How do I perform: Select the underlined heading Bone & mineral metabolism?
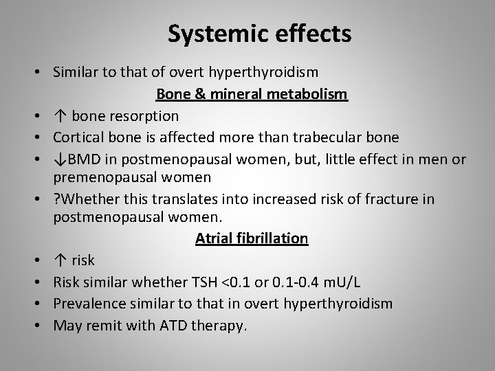[x=252, y=93]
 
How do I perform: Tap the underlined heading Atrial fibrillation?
[x=252, y=238]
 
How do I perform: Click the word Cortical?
[x=77, y=137]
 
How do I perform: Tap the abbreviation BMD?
[x=80, y=159]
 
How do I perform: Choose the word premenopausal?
[x=100, y=177]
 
